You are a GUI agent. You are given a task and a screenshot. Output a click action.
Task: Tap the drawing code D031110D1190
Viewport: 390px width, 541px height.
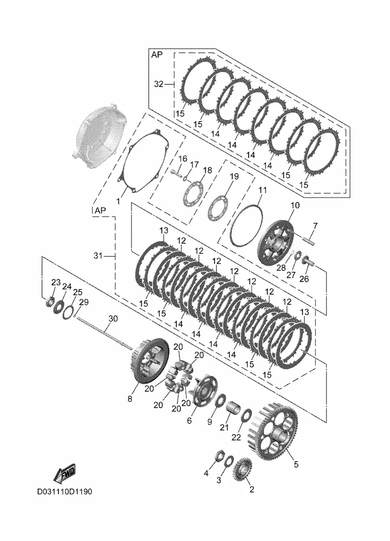coord(64,492)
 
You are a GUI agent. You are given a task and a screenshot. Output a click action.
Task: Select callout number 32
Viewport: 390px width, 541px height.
coord(159,84)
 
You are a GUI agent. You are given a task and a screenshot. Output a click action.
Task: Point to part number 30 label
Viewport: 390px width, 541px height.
coord(113,318)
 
